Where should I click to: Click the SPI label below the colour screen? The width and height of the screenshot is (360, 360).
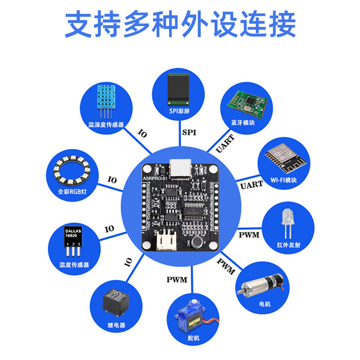pyautogui.click(x=189, y=132)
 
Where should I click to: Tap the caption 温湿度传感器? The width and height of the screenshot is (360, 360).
pyautogui.click(x=106, y=124)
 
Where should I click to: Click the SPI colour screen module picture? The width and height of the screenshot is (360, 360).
pyautogui.click(x=176, y=89)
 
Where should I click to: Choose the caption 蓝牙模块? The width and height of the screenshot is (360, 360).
pyautogui.click(x=243, y=122)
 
